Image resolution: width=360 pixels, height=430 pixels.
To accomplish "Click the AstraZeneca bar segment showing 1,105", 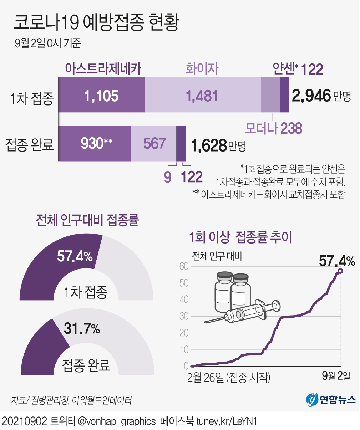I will click(x=101, y=96).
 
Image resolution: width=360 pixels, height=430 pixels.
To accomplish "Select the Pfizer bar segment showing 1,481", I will click(x=202, y=96).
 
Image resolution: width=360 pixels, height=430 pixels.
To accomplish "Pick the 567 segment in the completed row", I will click(x=154, y=143).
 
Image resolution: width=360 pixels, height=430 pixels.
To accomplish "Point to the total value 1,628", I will click(x=209, y=145).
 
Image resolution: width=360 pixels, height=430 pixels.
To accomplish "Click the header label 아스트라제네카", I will click(x=103, y=68).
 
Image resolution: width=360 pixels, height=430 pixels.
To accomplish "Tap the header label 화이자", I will click(x=202, y=68).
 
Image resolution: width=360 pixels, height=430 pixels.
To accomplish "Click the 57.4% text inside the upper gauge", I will click(x=75, y=256).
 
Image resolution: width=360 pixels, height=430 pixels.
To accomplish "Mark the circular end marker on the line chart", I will click(x=340, y=271).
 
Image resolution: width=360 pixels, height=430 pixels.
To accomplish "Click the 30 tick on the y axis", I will click(x=184, y=316).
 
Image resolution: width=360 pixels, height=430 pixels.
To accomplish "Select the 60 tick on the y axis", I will click(x=184, y=266).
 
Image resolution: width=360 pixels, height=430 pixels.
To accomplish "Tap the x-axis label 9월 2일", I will click(x=336, y=376).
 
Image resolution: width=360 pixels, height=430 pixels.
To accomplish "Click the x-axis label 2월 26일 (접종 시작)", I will click(x=228, y=377).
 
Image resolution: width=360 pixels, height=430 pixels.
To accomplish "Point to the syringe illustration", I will click(x=246, y=312).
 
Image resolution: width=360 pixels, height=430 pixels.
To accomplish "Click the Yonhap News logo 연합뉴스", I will click(x=331, y=399).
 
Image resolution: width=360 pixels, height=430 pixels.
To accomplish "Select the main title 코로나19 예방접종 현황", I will click(x=96, y=23).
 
